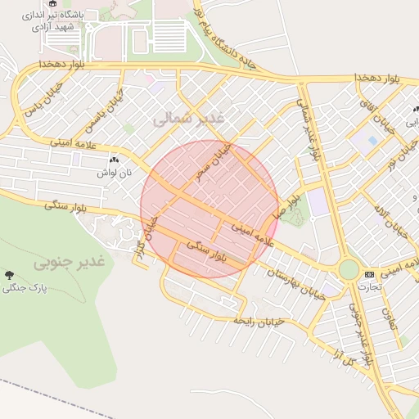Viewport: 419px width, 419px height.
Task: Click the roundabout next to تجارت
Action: tap(349, 269)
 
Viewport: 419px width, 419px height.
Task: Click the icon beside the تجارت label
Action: tap(369, 273)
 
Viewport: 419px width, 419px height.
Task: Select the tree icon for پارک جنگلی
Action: tap(9, 275)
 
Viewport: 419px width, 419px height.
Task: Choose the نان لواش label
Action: tap(114, 173)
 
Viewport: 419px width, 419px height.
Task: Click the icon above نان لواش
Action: tap(114, 160)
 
